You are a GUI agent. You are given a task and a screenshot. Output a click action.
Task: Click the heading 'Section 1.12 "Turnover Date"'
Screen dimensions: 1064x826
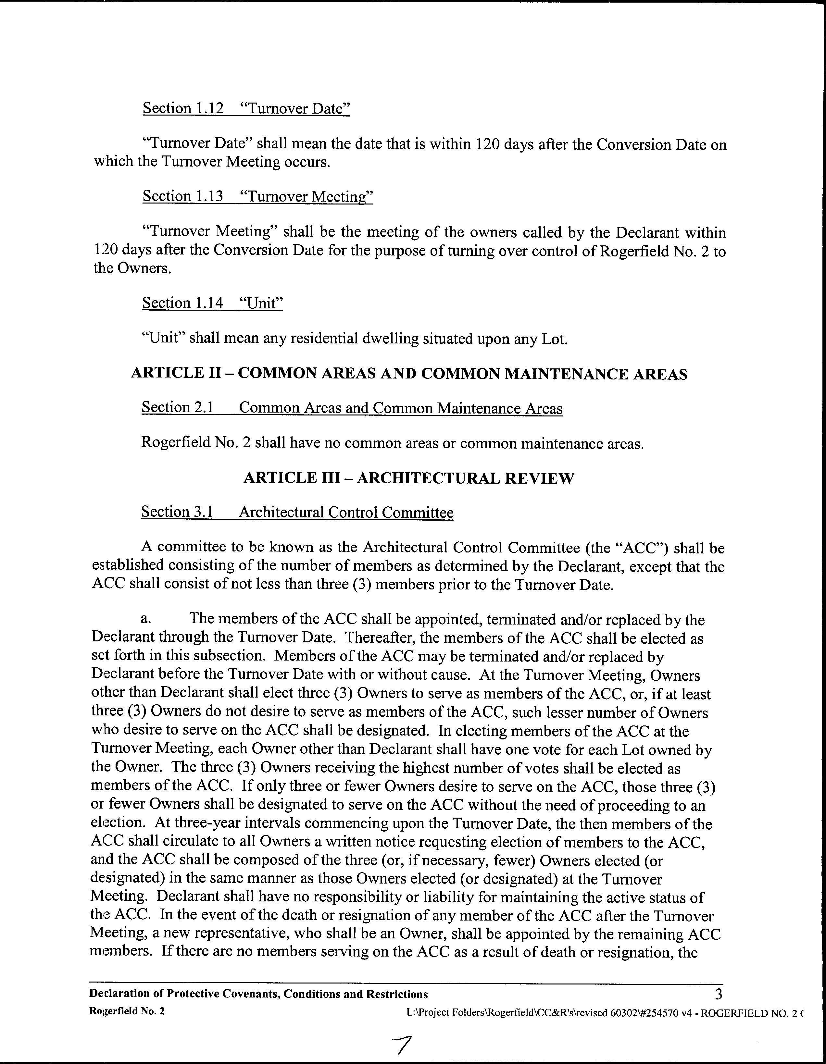[x=246, y=108]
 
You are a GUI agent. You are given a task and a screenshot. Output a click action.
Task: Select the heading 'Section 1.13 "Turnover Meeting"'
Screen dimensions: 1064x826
[x=257, y=196]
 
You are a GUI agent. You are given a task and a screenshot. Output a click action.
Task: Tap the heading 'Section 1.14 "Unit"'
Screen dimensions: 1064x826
[x=212, y=303]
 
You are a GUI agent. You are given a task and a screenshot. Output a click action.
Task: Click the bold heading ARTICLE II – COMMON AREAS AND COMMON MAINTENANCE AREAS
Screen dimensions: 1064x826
[x=409, y=374]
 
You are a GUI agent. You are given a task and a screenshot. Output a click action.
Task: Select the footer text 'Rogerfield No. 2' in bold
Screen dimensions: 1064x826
[x=127, y=1011]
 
